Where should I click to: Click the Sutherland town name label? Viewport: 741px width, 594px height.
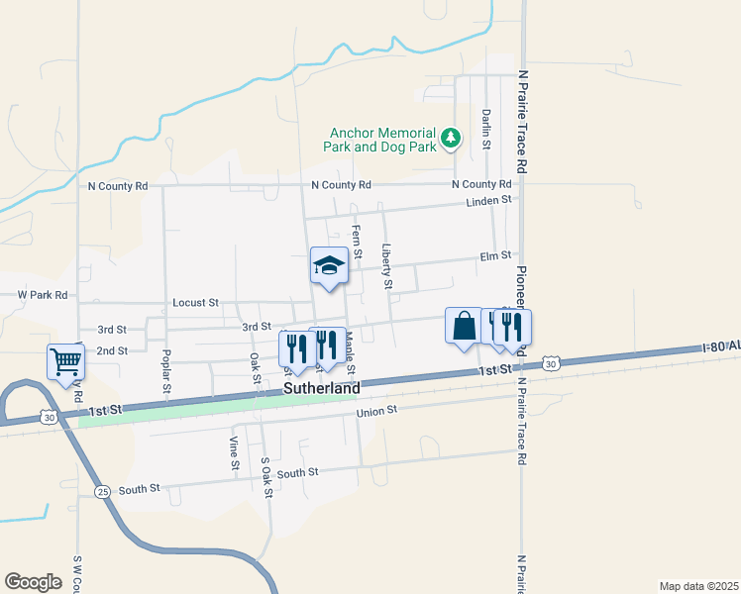tap(321, 389)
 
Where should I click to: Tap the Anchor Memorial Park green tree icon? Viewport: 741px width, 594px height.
tap(452, 138)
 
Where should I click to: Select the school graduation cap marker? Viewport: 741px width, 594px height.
tap(329, 265)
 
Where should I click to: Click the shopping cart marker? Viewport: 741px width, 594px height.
tap(65, 361)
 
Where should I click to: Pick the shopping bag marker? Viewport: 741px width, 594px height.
tap(464, 326)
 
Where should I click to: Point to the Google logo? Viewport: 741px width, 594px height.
tap(33, 581)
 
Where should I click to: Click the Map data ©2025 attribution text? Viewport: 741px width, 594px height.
tap(698, 585)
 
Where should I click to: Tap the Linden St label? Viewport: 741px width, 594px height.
tap(490, 200)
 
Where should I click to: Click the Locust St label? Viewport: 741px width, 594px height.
tap(194, 302)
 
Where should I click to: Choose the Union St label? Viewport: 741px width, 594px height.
tap(376, 410)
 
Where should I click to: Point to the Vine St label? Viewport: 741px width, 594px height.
tap(235, 451)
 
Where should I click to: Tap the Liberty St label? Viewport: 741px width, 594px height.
tap(388, 267)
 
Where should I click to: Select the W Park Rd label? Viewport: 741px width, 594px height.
tap(43, 295)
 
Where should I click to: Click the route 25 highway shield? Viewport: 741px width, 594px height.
tap(102, 491)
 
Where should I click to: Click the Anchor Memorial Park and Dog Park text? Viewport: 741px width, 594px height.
tap(380, 139)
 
